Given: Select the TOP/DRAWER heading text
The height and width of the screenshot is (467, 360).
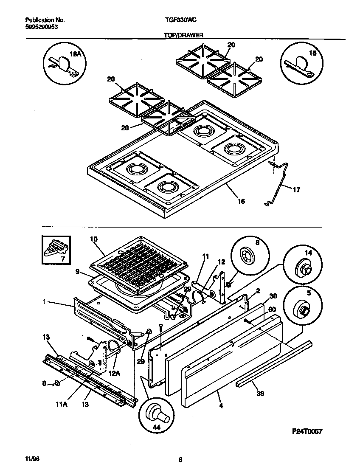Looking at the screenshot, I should [x=183, y=36].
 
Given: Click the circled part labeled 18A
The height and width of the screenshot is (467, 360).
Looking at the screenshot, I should [x=62, y=64].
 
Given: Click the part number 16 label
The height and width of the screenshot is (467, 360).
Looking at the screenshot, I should [x=241, y=201].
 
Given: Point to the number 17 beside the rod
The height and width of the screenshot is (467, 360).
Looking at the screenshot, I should [x=296, y=190].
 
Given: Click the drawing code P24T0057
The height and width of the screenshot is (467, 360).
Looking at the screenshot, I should [x=307, y=431].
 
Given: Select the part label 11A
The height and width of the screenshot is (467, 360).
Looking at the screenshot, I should [x=62, y=405].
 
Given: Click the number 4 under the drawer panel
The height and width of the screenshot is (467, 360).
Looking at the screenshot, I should [x=220, y=405].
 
